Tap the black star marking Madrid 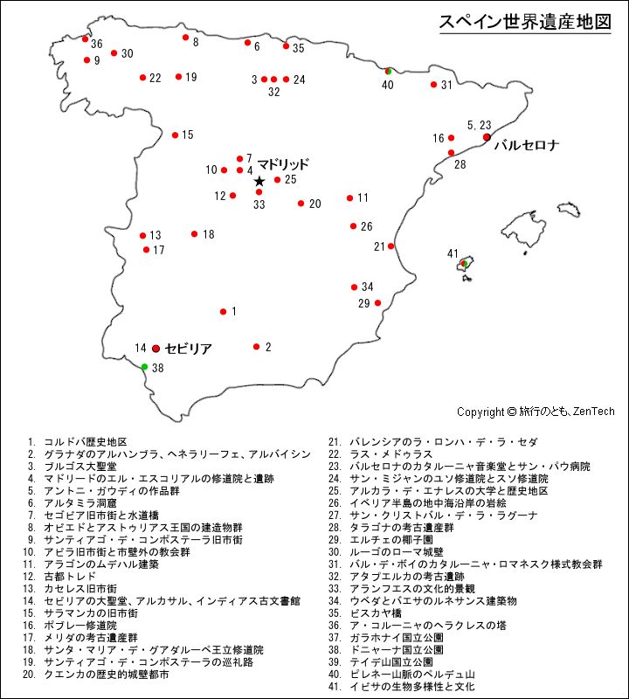(259, 181)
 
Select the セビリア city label (188, 348)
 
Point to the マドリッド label (283, 163)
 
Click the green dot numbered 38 (145, 367)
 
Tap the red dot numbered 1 (223, 312)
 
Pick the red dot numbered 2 (257, 347)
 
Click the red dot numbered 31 (433, 85)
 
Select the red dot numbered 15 (176, 135)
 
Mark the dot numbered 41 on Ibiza (464, 263)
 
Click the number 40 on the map (387, 85)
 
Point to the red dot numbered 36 (85, 39)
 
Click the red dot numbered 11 (349, 198)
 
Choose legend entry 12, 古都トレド (60, 577)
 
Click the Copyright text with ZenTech (536, 411)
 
